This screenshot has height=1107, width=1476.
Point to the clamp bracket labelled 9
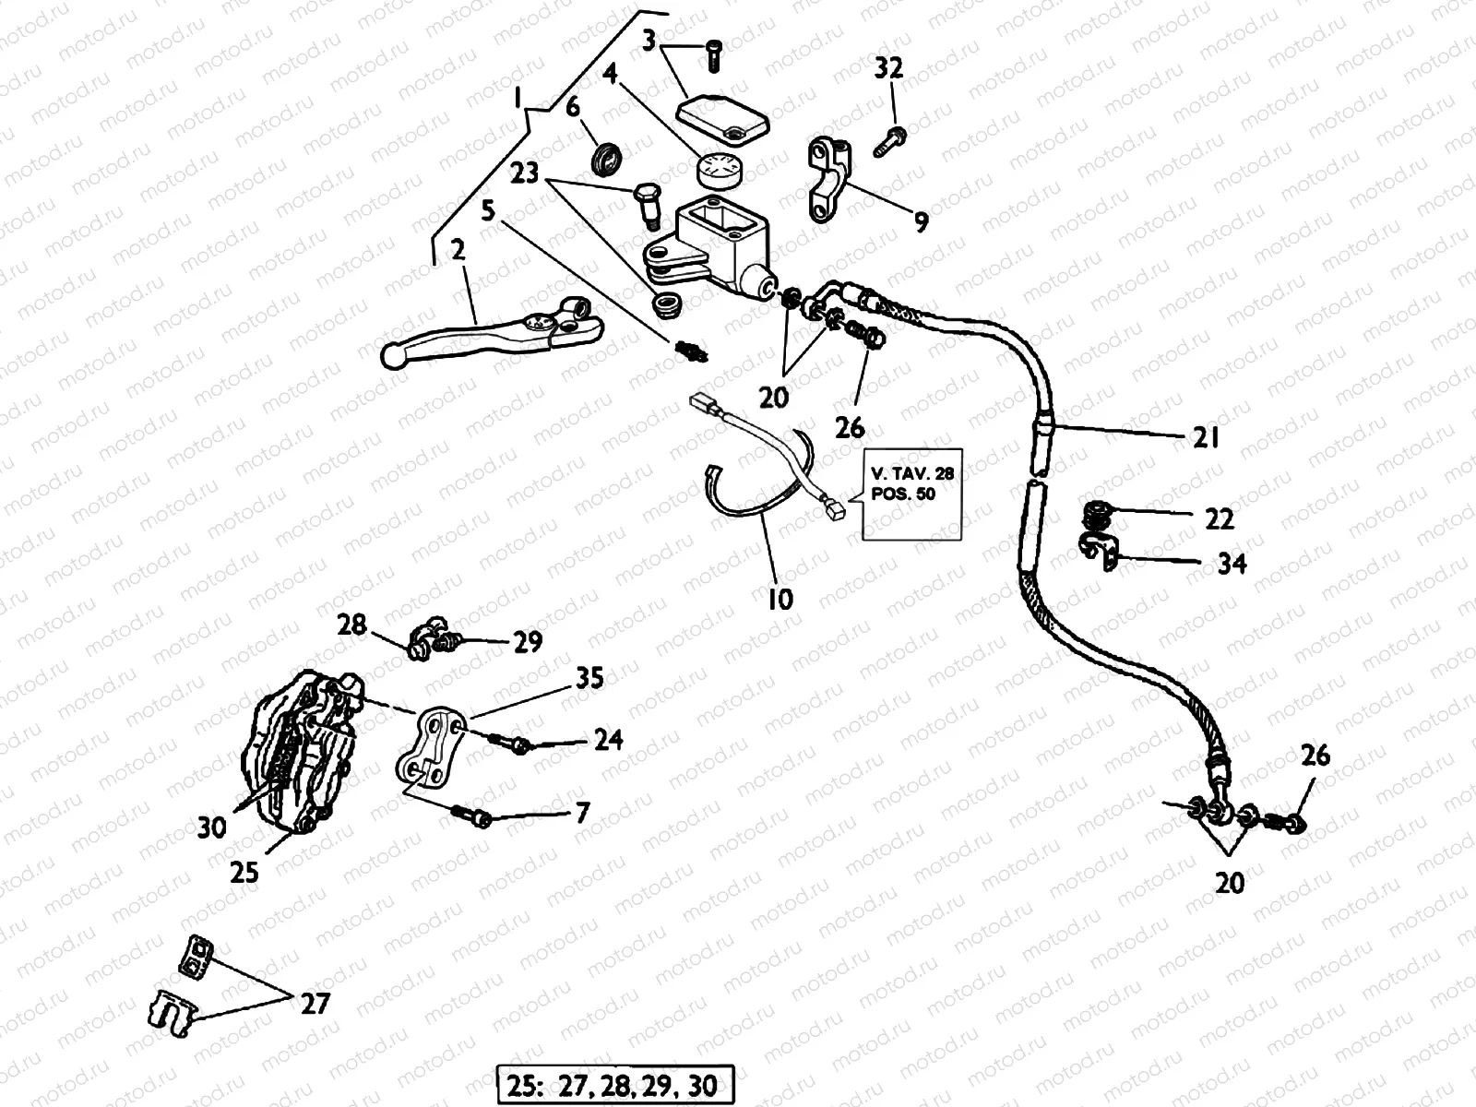pos(830,180)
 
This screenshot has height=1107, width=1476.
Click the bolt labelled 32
pos(890,140)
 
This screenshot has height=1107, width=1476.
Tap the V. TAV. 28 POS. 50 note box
pos(912,494)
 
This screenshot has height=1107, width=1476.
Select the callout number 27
pos(315,1003)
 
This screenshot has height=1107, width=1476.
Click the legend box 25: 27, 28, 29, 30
pos(616,1084)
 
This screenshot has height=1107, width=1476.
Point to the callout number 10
pos(780,600)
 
